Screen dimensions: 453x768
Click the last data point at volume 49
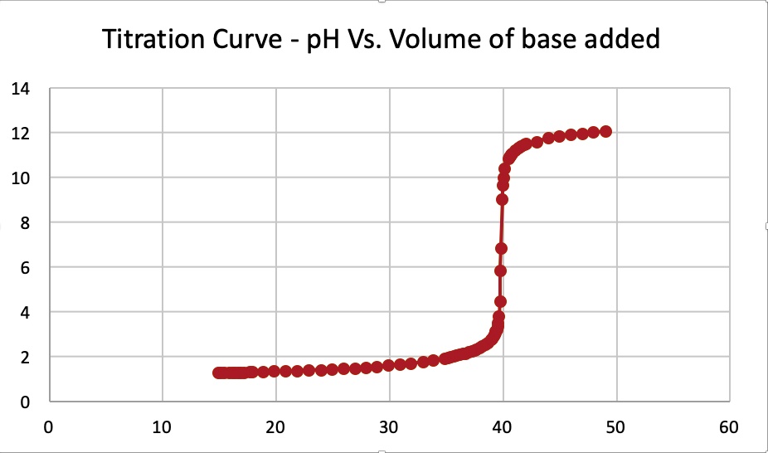pos(605,131)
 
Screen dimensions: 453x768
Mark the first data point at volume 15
pos(219,373)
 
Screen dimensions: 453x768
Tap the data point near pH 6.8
pos(501,248)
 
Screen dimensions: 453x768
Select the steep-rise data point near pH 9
pos(502,199)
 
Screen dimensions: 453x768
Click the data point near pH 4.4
pos(500,301)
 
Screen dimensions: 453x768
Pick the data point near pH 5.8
pos(500,270)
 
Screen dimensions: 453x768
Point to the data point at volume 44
pos(548,138)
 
